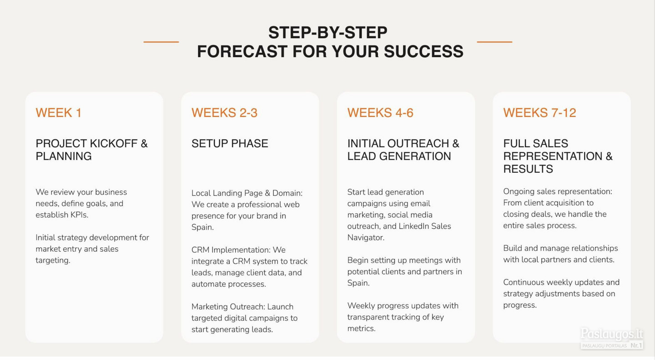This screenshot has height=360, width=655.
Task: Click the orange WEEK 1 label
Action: [59, 113]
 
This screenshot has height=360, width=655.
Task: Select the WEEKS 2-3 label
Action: [224, 113]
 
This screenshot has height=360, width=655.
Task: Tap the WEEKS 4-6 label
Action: [380, 113]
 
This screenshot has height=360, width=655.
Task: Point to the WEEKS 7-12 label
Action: [539, 113]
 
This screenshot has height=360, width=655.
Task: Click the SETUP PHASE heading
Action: [230, 144]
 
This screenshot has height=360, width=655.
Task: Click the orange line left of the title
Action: [161, 42]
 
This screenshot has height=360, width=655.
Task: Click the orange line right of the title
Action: [494, 42]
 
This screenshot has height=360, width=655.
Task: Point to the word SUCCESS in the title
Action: [423, 51]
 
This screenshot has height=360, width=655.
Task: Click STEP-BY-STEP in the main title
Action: [328, 32]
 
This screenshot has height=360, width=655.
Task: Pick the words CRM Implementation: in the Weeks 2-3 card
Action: [231, 250]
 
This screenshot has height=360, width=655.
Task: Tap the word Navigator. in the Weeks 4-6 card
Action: [366, 238]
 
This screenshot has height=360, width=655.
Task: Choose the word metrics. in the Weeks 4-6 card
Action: [362, 329]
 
